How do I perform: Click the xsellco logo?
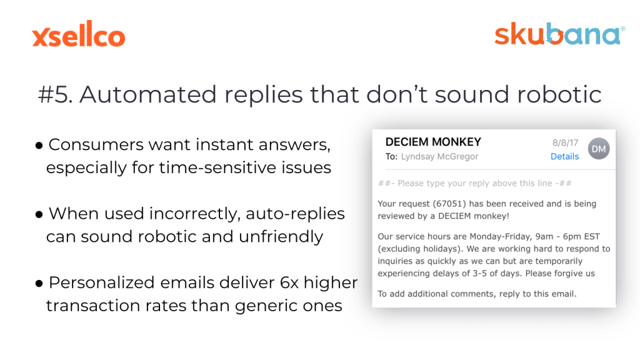[79, 34]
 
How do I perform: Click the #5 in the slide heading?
[56, 95]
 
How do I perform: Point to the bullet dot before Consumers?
[39, 145]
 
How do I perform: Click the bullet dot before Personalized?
[39, 283]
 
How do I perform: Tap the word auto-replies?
[295, 214]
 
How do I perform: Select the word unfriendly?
[281, 237]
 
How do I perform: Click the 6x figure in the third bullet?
[289, 283]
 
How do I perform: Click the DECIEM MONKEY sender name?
[433, 142]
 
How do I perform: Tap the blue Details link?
[564, 156]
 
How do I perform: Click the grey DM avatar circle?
[599, 149]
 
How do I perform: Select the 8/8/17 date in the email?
[565, 143]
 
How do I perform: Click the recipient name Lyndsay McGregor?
[439, 157]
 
